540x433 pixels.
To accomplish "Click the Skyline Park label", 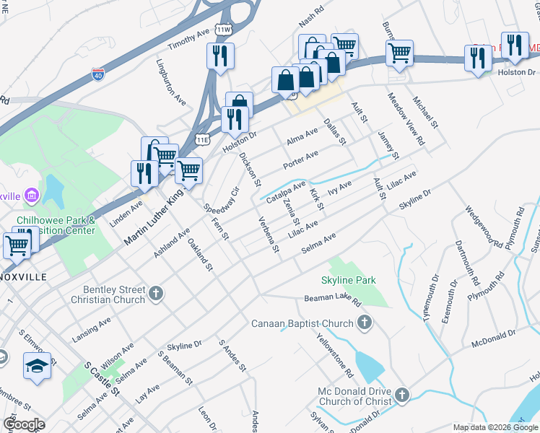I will [x=349, y=280].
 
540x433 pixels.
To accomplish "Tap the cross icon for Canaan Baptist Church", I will [x=365, y=323].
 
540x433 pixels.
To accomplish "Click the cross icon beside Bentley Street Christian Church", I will [x=157, y=293].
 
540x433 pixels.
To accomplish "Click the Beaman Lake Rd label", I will [x=332, y=298].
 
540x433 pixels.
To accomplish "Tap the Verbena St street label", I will [x=269, y=235].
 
